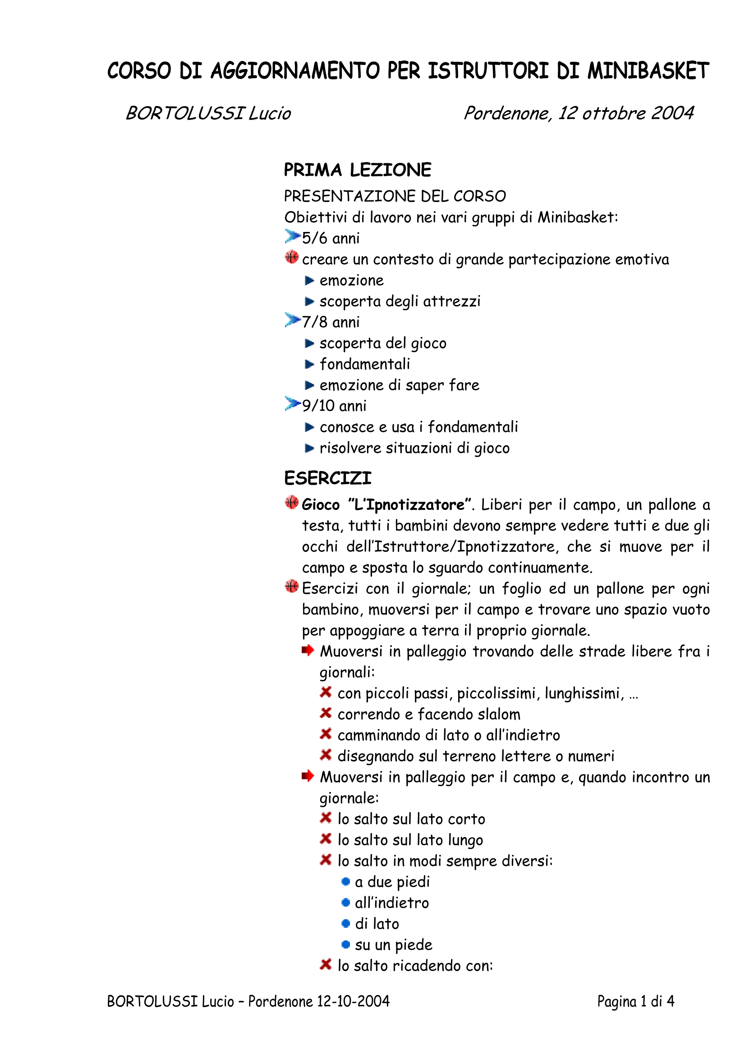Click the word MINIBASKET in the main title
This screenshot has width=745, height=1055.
648,71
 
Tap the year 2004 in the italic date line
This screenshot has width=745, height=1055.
672,113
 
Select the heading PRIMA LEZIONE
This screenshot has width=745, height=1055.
357,170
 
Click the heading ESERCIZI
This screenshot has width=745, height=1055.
327,478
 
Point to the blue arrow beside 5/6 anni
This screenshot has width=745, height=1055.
292,236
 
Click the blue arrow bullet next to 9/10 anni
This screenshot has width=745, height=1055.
292,404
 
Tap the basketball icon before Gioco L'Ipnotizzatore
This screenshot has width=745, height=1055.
292,503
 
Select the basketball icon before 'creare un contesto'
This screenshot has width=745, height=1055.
292,257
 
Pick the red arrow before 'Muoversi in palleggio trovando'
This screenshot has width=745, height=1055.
308,650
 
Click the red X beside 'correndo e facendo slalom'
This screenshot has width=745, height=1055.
326,713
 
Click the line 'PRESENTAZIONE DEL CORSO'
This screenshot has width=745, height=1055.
395,196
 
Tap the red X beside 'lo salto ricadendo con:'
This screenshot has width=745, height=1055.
326,964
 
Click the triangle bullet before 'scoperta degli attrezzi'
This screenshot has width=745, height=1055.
309,301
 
